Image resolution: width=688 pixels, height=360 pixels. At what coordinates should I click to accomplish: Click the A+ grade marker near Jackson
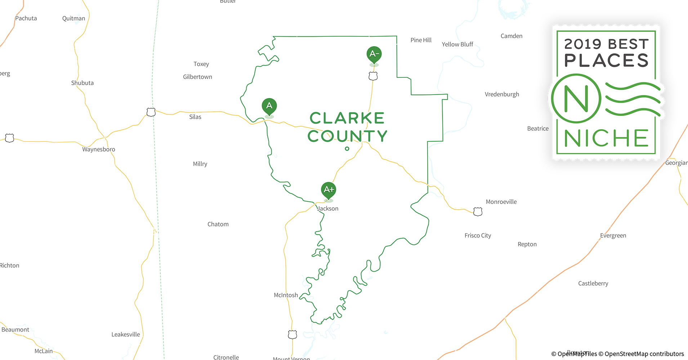coord(329,190)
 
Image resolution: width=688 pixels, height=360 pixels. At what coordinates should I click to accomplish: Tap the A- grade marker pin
coord(374,54)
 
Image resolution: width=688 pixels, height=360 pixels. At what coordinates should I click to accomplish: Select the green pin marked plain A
coord(269,106)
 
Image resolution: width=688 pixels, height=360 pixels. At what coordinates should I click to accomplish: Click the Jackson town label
coord(328,208)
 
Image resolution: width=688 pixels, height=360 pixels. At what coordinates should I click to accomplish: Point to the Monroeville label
coord(501,202)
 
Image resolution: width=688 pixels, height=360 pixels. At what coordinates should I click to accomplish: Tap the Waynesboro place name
coord(99,149)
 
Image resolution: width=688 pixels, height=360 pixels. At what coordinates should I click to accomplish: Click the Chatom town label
coord(218,224)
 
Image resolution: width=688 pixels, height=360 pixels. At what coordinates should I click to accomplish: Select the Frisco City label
coord(478,235)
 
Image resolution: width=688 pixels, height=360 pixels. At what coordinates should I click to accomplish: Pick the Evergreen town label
coord(613,235)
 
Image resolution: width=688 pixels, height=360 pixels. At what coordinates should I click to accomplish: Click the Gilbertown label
coord(197,77)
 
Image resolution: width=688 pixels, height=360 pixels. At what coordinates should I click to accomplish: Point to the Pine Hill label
coord(421,40)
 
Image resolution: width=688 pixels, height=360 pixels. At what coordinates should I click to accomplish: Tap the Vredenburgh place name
coord(502,94)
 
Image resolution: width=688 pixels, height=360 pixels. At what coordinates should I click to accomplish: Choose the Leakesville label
coord(125,334)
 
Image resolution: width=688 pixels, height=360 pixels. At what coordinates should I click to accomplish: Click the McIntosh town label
coord(286,295)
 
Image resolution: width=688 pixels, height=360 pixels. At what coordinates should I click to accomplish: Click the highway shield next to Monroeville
coord(478,212)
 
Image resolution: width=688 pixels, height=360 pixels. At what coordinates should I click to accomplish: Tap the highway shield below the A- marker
coord(373,76)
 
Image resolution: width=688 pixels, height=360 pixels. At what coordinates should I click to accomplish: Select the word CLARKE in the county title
coord(347,118)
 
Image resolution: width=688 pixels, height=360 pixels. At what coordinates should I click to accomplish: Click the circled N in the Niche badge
coord(576,98)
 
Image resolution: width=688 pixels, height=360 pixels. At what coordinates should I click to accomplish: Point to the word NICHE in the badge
coord(606,138)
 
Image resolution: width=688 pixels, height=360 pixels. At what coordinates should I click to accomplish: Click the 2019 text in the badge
coord(583,44)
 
